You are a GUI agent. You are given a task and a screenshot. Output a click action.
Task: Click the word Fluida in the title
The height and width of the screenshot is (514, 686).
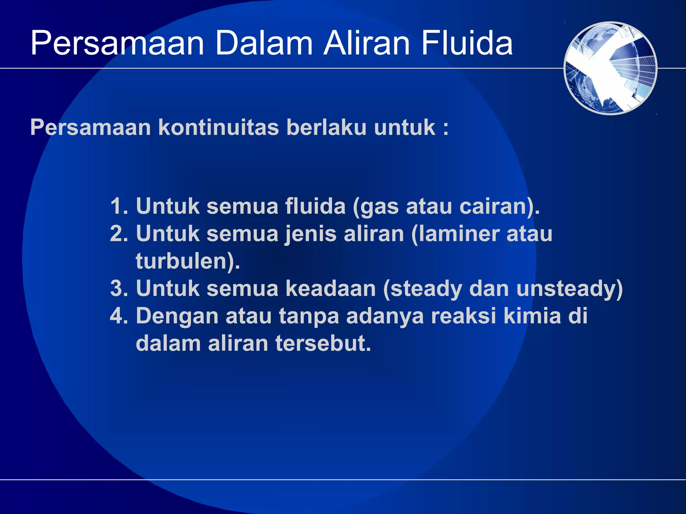(x=467, y=44)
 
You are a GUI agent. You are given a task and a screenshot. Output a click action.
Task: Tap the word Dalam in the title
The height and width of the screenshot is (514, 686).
(x=264, y=44)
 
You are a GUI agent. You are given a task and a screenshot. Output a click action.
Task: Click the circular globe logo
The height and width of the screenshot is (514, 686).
(x=610, y=68)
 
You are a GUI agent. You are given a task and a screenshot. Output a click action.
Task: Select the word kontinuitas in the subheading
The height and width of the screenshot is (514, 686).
(x=218, y=127)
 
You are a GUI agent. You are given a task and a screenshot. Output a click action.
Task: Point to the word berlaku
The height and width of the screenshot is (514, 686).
(x=326, y=127)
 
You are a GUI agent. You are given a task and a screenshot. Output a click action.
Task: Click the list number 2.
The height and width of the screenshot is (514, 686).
(x=118, y=234)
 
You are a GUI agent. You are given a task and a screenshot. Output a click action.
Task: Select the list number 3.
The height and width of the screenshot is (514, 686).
(x=118, y=288)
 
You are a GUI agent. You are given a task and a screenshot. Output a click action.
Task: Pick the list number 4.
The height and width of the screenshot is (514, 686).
(x=118, y=316)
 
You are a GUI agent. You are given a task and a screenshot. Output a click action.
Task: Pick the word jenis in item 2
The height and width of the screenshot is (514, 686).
(x=311, y=234)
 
